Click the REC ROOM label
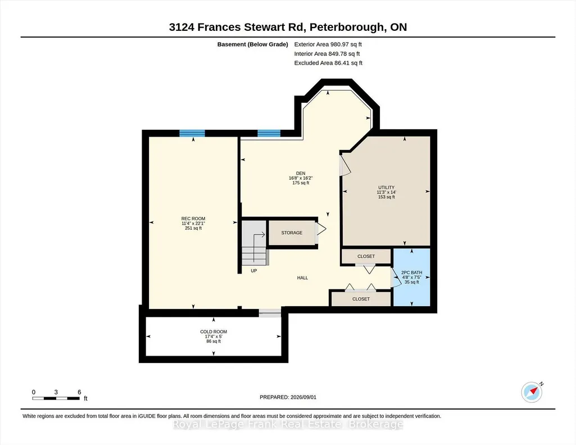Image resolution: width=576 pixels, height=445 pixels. (x=193, y=219)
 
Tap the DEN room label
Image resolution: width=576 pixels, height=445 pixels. (x=301, y=173)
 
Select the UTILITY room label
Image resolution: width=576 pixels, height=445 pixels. (x=387, y=187)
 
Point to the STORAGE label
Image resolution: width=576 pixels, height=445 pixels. (x=292, y=233)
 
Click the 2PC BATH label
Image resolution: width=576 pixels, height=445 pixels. (x=412, y=273)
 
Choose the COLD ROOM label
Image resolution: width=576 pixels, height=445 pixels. (x=214, y=332)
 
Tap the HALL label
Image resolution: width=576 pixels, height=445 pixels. (x=303, y=278)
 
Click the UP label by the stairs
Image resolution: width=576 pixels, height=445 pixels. (x=254, y=271)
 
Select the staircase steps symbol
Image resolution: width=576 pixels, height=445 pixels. (x=255, y=242)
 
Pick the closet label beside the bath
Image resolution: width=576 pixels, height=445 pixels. (x=366, y=256)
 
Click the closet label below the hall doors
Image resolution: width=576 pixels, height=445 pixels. (x=361, y=299)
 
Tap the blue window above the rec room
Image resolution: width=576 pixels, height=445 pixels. (x=192, y=133)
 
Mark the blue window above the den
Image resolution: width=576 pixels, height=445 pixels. (x=269, y=133)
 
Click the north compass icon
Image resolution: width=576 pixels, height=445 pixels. (x=532, y=392)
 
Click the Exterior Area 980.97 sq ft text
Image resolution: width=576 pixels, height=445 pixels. (x=328, y=44)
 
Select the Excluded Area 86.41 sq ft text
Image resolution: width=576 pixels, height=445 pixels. (x=328, y=63)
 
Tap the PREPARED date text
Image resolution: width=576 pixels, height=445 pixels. (x=288, y=397)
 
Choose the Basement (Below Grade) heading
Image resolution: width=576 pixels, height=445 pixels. (x=253, y=44)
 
